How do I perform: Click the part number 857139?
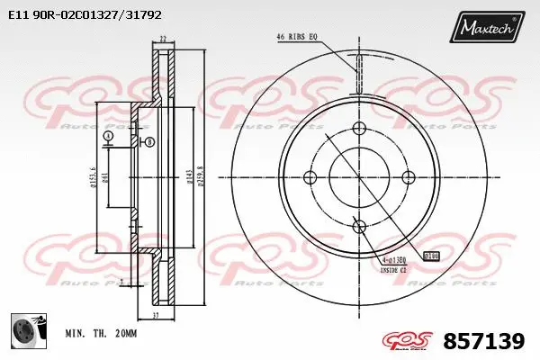pos(485,340)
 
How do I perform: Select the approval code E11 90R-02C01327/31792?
pos(85,15)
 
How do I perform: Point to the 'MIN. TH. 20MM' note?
pos(101,334)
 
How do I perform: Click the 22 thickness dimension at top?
pos(163,38)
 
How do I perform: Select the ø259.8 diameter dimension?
pos(200,176)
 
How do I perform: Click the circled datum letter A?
pos(108,136)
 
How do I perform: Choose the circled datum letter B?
pos(149,142)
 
